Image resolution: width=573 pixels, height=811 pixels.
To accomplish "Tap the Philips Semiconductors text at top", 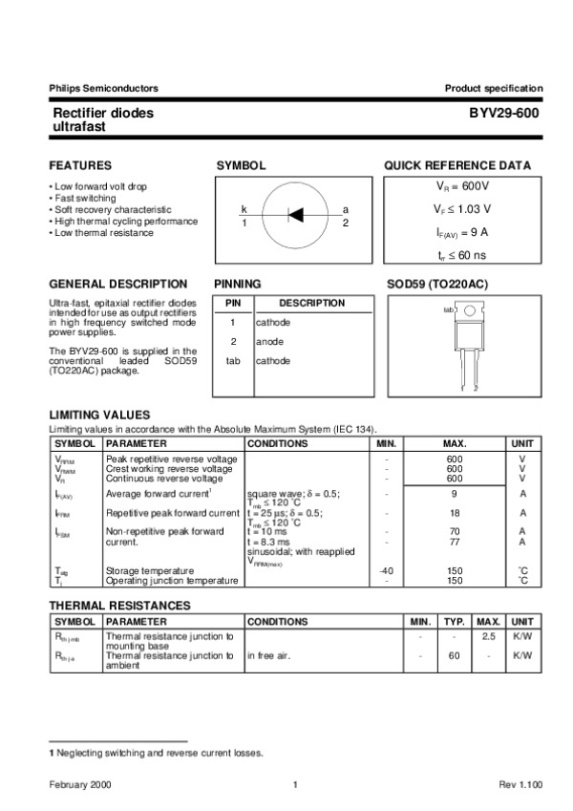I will coord(103,88).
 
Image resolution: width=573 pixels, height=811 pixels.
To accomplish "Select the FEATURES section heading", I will coord(80,165).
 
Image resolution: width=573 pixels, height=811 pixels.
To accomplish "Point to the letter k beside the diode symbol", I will coord(244,209).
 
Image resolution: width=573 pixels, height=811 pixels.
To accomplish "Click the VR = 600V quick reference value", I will coord(462,186).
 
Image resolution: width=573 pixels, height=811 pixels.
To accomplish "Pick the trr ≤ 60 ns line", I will coord(462,254).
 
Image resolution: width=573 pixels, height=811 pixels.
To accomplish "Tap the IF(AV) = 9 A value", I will coord(462,231).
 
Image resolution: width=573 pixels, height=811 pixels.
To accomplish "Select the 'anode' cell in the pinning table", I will coord(269,341).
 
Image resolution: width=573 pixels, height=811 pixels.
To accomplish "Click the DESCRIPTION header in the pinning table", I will coord(311,303).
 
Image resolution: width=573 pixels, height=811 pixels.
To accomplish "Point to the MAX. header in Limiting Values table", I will coord(455,443).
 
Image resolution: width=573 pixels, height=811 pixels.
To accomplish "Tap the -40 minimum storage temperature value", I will coord(386,570).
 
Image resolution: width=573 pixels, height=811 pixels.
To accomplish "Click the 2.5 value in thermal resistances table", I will coord(488,635).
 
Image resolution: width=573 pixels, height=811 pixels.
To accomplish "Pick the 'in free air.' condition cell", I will coord(274,655).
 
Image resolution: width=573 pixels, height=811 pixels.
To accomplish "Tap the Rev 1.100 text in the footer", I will coord(520,784).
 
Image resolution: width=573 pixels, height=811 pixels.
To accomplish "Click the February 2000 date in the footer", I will coord(81,784).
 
